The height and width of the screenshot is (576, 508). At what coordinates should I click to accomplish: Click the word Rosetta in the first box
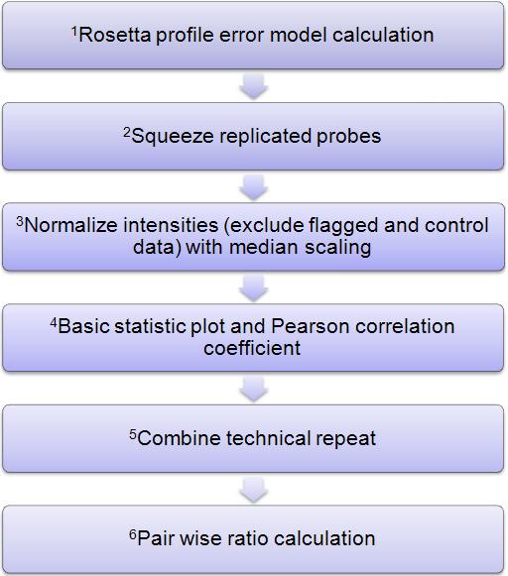[115, 36]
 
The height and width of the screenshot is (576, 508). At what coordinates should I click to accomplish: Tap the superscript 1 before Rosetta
[74, 31]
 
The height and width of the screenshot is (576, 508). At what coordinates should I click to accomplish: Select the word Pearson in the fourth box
[310, 326]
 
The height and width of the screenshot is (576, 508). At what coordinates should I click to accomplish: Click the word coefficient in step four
[252, 348]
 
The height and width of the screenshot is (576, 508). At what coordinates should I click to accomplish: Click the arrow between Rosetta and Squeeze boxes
[254, 86]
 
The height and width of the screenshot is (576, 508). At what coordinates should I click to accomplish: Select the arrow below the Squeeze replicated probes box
[254, 187]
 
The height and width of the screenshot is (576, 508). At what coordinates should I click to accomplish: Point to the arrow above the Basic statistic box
[254, 288]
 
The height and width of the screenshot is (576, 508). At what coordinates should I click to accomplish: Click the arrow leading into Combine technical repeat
[254, 390]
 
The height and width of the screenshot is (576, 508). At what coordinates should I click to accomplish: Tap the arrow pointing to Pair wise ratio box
[254, 490]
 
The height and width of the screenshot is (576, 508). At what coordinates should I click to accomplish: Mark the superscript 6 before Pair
[133, 534]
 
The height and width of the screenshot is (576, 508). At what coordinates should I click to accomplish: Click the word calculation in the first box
[383, 36]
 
